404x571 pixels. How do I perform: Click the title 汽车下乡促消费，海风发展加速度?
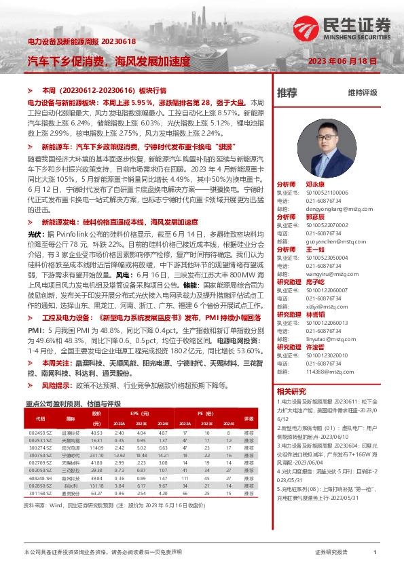coord(109,61)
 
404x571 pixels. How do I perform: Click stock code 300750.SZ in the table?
coord(40,456)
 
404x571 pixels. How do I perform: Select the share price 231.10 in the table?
coord(96,456)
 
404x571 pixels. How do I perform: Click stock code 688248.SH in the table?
coord(40,477)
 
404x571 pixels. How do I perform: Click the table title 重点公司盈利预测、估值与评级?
coord(73,403)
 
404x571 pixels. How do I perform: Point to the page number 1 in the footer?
coord(375,553)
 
